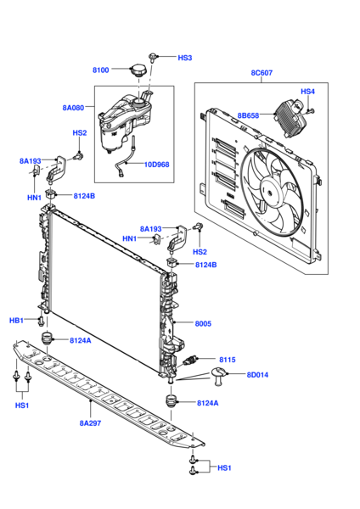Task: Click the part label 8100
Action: (x=101, y=70)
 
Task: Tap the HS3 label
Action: (x=185, y=58)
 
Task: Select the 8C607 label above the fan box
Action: (x=262, y=73)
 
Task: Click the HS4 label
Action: (x=307, y=92)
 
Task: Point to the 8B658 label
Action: (x=248, y=115)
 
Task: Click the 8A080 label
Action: (x=73, y=108)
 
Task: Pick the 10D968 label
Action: (x=156, y=165)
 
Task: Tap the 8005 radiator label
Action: (x=203, y=324)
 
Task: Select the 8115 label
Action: (x=227, y=360)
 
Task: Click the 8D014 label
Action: (x=257, y=375)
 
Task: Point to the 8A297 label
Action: (x=90, y=423)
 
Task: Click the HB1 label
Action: (x=16, y=321)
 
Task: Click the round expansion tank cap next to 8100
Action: (x=138, y=70)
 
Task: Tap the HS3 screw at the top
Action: (x=152, y=58)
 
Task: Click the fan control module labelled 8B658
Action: (x=290, y=118)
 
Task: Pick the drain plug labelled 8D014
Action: (x=220, y=376)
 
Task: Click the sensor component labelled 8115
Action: (x=190, y=361)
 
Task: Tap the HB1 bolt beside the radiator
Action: (x=41, y=321)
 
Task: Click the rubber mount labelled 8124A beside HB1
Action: (x=48, y=339)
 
